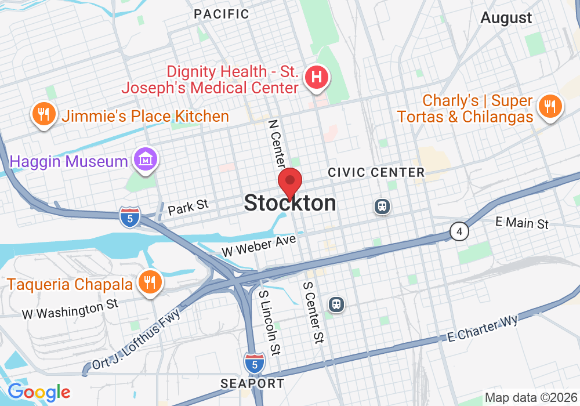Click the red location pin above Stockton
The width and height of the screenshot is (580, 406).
(x=290, y=182)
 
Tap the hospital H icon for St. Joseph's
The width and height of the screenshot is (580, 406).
(x=317, y=77)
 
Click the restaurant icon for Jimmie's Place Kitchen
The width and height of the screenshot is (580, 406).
(x=43, y=113)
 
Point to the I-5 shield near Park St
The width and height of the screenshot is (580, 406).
(x=129, y=217)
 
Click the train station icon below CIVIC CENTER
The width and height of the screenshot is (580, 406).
(x=382, y=206)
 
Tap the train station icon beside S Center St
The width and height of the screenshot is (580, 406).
(x=336, y=303)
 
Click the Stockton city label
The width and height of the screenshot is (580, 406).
(x=290, y=203)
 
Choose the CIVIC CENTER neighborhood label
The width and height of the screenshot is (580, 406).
(x=376, y=172)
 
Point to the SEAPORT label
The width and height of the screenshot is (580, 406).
(x=253, y=383)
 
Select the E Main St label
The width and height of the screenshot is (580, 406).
(x=522, y=223)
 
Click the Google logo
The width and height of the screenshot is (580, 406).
(x=39, y=392)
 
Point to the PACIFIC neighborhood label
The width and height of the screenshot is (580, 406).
(x=222, y=14)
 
